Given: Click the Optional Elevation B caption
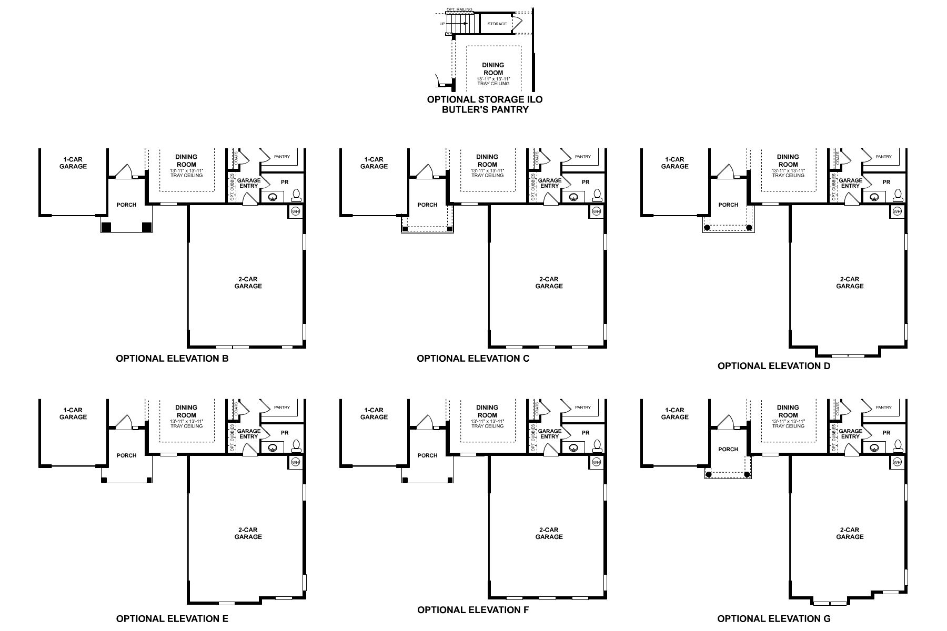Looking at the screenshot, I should pos(172,359).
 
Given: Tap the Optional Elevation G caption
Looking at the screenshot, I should pos(774,618).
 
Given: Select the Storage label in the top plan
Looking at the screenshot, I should pos(497,24).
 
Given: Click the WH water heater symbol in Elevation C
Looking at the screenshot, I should pos(596,211).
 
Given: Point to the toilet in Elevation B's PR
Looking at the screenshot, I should pos(296,196).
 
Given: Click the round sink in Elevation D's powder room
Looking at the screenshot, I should pos(874,198).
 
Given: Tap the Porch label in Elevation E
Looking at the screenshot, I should pos(126,455).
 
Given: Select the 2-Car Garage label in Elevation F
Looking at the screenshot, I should pos(549,533).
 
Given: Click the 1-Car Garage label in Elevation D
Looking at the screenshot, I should pos(674,163).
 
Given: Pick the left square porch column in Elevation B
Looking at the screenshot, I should pos(106,227).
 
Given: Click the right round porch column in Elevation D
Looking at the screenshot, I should pos(749,228).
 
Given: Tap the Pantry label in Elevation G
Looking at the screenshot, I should pos(884,407).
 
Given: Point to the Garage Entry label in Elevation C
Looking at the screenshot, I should pos(549,183).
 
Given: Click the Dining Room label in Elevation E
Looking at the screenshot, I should pos(186,411).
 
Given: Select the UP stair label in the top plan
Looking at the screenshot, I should pos(442,24).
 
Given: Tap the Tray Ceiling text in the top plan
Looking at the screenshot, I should pos(493,84).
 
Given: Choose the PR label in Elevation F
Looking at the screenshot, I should pos(586,433).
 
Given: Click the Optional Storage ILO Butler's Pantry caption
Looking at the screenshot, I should pos(485,104).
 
